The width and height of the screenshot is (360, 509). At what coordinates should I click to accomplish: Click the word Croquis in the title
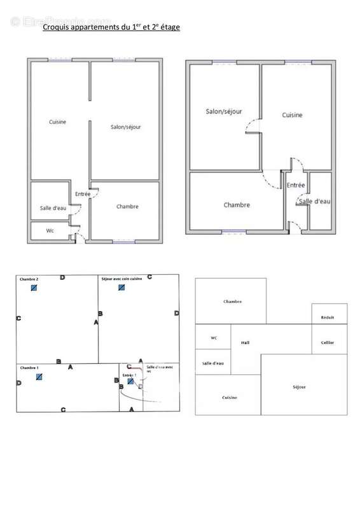click(x=55, y=27)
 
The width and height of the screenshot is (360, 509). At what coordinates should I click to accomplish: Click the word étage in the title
click(x=169, y=27)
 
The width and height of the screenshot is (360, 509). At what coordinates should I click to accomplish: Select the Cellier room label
click(x=328, y=342)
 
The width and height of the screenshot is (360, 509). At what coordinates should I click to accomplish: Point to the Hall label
click(x=246, y=342)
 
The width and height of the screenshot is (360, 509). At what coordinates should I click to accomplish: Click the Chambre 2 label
click(x=29, y=279)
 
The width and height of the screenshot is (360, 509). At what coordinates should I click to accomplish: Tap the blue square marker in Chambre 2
click(x=34, y=288)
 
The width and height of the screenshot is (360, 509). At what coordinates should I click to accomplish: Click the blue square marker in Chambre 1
click(x=39, y=377)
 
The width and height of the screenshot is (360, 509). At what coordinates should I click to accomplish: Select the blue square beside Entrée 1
click(x=130, y=382)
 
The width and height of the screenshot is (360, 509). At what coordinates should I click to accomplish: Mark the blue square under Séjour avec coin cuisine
click(x=121, y=288)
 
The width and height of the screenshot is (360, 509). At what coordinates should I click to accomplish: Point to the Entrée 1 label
click(x=130, y=375)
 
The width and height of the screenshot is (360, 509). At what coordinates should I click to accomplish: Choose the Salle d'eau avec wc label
click(x=159, y=368)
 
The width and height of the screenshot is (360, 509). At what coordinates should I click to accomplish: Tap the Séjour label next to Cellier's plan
click(x=300, y=387)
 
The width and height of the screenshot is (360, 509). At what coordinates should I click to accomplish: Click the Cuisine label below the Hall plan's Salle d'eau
click(x=230, y=398)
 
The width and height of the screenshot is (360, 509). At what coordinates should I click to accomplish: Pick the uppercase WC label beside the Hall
click(x=214, y=338)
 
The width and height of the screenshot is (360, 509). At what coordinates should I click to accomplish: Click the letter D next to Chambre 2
click(x=62, y=277)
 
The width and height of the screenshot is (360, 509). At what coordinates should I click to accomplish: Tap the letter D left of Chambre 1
click(x=19, y=383)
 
